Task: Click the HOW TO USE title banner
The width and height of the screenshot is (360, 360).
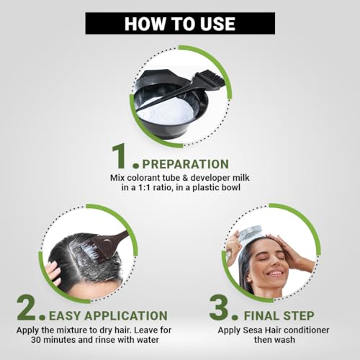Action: [180, 23]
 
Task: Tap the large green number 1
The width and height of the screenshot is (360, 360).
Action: [120, 156]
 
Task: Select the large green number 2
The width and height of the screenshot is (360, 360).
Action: [27, 308]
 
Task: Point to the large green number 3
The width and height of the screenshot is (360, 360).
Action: [219, 308]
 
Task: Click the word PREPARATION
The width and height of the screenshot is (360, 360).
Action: [186, 164]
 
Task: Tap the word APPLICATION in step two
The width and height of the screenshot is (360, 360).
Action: [126, 315]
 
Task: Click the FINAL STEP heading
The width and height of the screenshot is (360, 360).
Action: [279, 315]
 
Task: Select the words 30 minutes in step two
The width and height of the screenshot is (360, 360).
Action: [50, 340]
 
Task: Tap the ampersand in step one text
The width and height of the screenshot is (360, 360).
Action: [184, 178]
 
